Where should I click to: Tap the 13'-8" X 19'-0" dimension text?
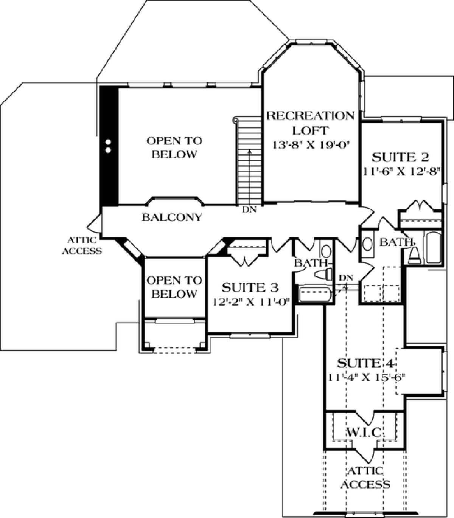[311, 145]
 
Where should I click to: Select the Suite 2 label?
[401, 157]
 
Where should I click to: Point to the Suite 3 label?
[250, 287]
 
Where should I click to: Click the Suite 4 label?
[366, 363]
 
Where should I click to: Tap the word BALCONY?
[172, 217]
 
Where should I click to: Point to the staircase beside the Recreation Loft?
[249, 162]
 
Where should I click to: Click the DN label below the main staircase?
[250, 209]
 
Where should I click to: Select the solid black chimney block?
[109, 146]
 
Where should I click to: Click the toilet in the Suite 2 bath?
[414, 255]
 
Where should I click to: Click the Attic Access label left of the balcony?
[82, 245]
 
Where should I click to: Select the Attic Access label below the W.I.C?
[365, 478]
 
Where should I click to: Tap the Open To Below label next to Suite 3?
[174, 287]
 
